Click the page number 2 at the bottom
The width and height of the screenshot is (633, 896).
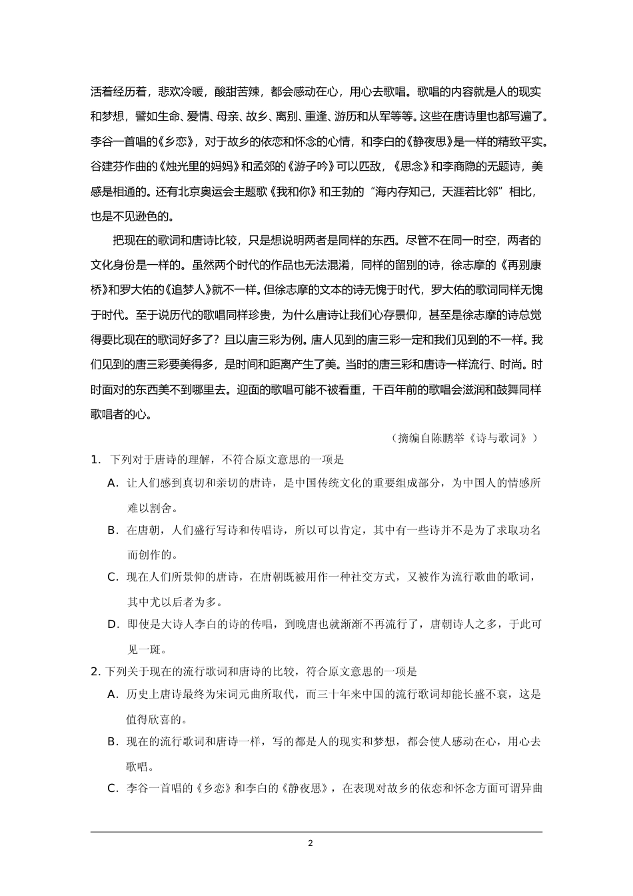(311, 843)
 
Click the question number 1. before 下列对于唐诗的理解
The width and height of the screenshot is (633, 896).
(95, 459)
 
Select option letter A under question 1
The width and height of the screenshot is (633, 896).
(113, 483)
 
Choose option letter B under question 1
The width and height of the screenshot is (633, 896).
(113, 530)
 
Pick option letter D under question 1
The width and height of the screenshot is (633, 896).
(113, 625)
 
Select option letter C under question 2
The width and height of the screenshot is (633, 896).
(113, 789)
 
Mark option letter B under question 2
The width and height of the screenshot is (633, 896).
(113, 741)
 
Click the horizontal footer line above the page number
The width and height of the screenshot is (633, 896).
(316, 831)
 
